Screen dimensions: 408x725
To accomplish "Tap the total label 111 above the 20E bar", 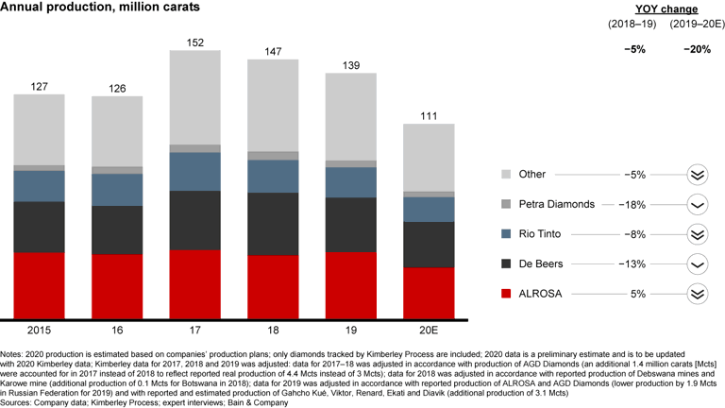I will tap(428, 114).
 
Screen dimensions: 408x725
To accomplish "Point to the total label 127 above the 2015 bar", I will tap(39, 85).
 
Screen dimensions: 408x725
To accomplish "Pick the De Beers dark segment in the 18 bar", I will tap(273, 223).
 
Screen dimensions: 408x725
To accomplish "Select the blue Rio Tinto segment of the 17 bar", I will tap(194, 171).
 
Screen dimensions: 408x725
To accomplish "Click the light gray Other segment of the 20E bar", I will tap(428, 157).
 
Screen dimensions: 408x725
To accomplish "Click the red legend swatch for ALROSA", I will tap(506, 294).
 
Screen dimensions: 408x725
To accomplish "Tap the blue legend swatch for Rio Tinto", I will tap(506, 234).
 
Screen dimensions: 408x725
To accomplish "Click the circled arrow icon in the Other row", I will tap(697, 175).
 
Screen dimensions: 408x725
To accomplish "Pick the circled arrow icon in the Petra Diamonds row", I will tap(697, 204).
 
